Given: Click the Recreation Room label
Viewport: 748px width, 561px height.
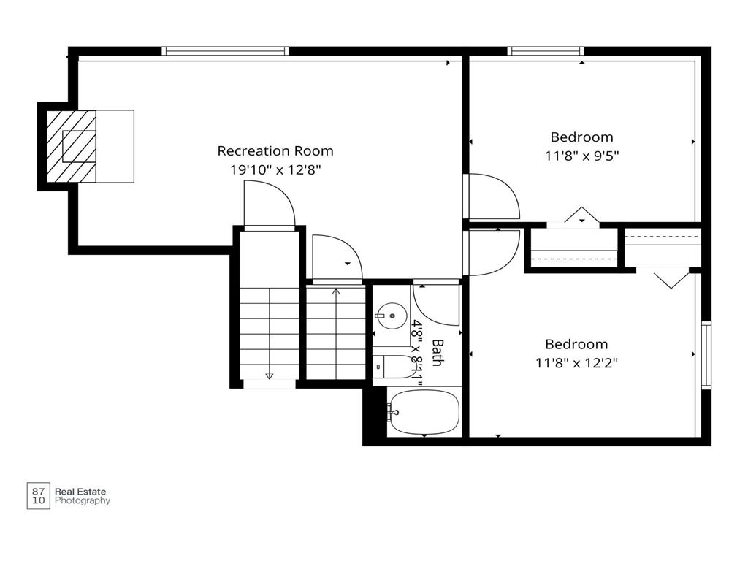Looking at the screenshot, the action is click(275, 150).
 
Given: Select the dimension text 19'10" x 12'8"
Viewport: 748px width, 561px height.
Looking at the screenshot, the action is click(275, 169).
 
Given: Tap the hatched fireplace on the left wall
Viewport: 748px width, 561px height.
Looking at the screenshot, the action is click(72, 146).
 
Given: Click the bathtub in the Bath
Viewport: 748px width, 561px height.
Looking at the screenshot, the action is click(424, 412).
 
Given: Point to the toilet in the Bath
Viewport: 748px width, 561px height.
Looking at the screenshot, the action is click(394, 367).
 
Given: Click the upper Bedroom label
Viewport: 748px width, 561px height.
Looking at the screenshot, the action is click(581, 137).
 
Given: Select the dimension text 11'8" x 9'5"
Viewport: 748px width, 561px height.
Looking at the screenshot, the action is click(581, 156).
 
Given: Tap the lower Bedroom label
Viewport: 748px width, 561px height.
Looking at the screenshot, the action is click(576, 345).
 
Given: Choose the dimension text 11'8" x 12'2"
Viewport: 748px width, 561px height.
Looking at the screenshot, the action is click(576, 363).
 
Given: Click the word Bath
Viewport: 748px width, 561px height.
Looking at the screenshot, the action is click(437, 352).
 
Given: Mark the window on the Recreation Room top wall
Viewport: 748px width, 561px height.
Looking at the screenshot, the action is click(225, 51).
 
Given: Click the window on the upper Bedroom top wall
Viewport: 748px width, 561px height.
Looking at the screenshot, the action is click(545, 51).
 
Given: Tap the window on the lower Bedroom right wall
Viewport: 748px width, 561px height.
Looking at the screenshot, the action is click(706, 356).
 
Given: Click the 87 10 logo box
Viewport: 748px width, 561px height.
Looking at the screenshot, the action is click(38, 496).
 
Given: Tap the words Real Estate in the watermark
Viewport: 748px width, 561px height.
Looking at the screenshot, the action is click(80, 492).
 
